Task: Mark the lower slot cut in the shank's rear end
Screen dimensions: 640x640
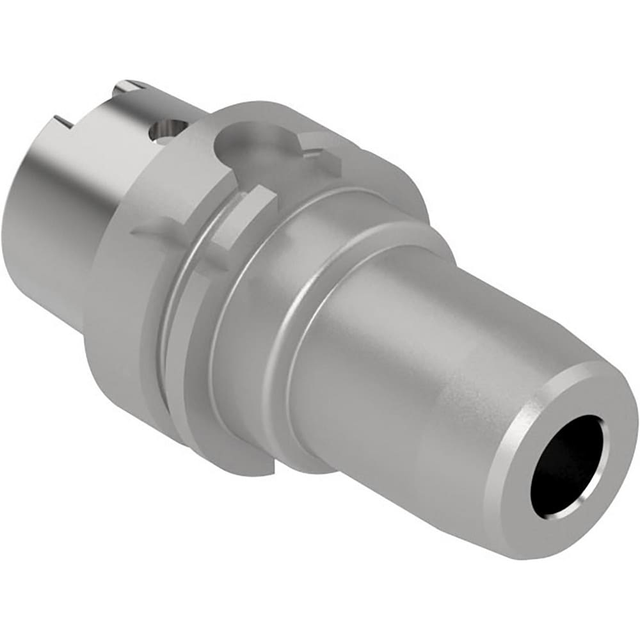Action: click(x=62, y=121)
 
